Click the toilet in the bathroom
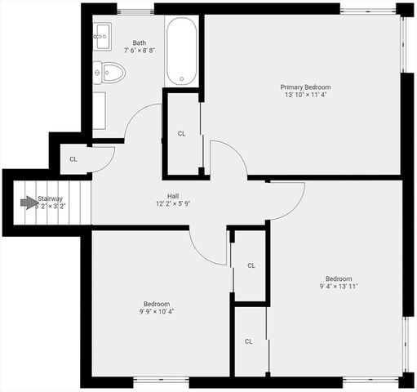tap(109, 73)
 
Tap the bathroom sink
tap(102, 33)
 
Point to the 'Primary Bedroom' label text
tap(305, 87)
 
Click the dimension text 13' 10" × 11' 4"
tap(305, 95)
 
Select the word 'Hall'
tap(173, 196)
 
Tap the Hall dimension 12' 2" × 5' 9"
tap(173, 204)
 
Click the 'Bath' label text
tap(140, 42)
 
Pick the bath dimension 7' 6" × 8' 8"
tap(140, 51)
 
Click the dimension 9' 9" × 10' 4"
tap(157, 311)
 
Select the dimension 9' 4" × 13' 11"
tap(338, 287)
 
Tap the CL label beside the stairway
tap(73, 159)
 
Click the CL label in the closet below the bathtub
tap(182, 133)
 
